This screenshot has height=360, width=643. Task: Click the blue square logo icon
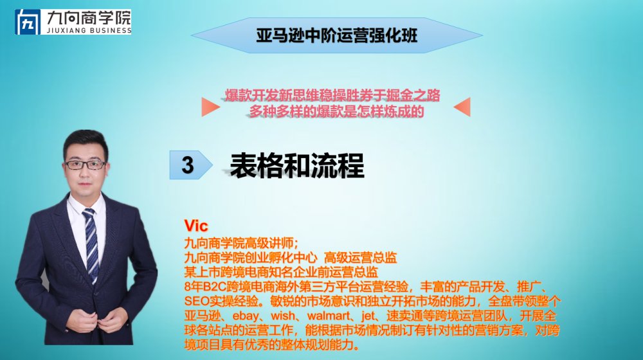tap(28, 22)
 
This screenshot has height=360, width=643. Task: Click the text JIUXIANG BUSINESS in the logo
tap(89, 30)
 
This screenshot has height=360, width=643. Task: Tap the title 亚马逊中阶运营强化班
tap(337, 35)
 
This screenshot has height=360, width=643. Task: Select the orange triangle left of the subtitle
tap(211, 107)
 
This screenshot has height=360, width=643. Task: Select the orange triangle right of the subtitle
tap(462, 107)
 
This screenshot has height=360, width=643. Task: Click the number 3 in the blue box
tap(187, 165)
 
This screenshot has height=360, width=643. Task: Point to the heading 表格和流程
tap(297, 165)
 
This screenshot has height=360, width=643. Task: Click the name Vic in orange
tap(196, 226)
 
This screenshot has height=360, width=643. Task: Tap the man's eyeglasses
tap(85, 165)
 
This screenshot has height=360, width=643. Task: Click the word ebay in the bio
tap(246, 316)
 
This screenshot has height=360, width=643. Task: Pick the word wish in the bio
tap(283, 316)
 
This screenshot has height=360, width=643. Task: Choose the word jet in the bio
tap(368, 316)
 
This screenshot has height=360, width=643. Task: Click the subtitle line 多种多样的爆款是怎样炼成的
tap(336, 111)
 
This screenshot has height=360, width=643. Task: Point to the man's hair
tap(86, 141)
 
